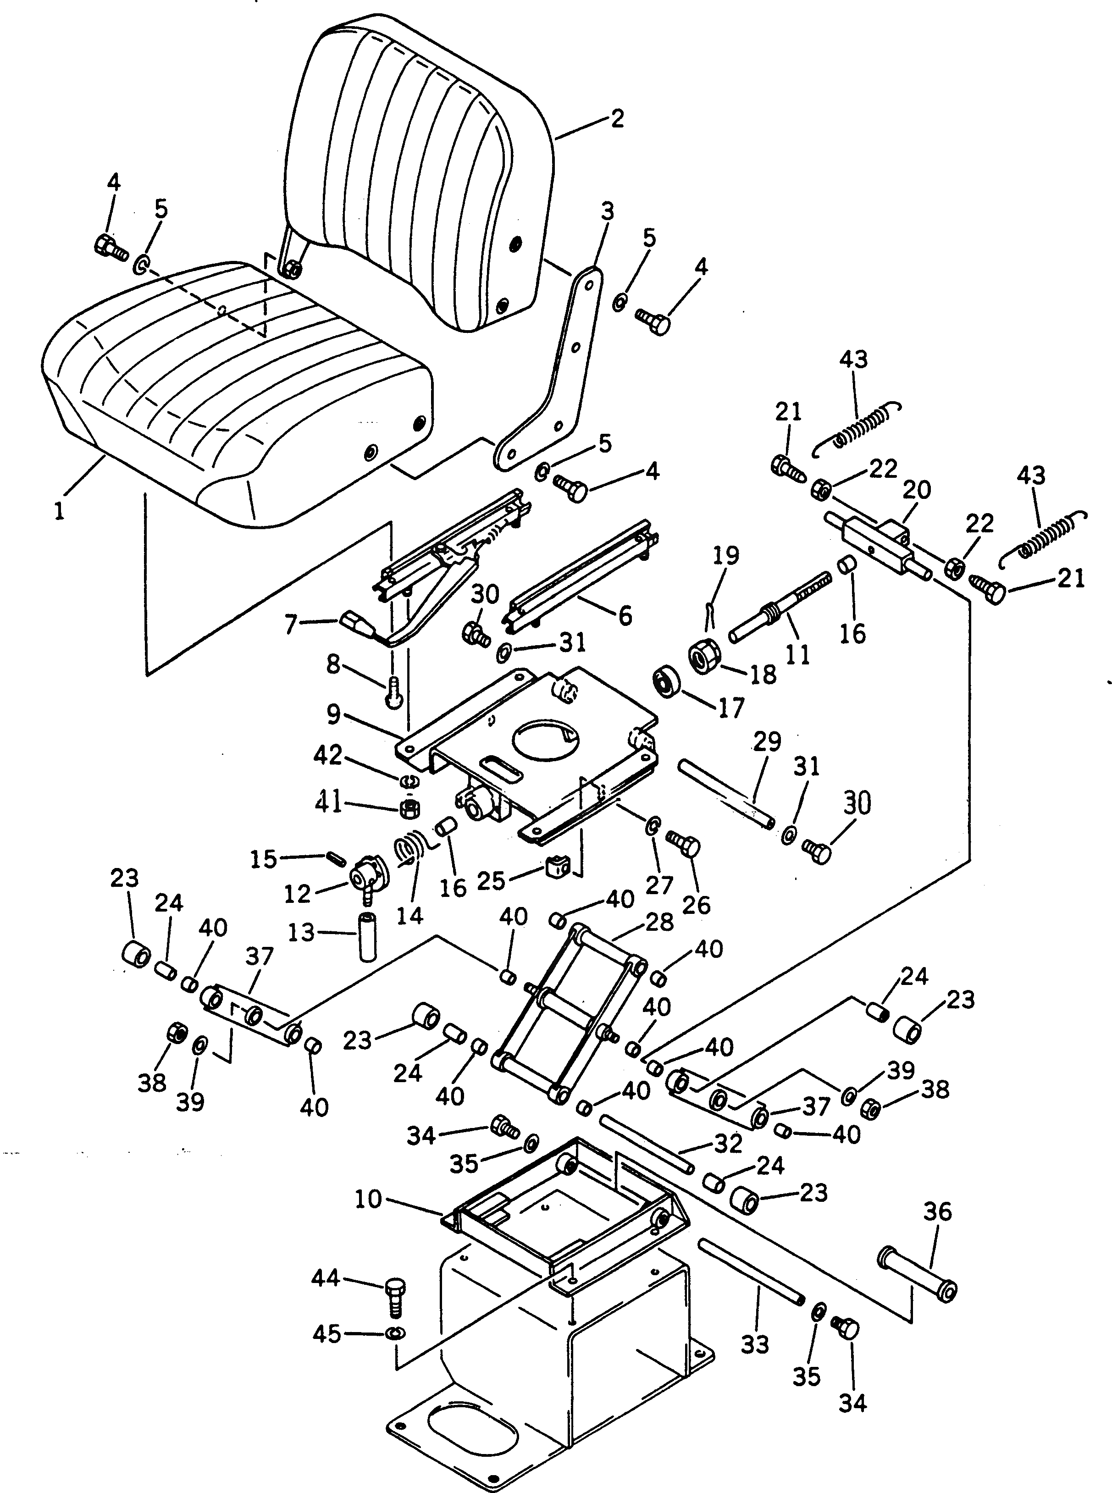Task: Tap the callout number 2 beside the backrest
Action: (x=617, y=119)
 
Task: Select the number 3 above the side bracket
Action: (x=607, y=211)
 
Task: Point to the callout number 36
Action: (x=938, y=1211)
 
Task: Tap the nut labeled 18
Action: (x=705, y=655)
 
